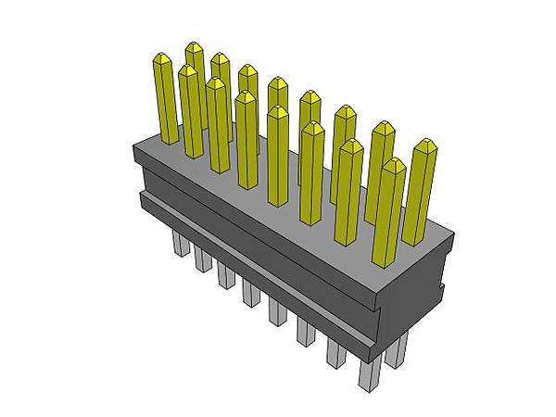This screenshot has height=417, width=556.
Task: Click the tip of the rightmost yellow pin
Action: (425, 145)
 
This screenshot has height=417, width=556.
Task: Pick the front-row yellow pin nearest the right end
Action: (387, 213)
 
